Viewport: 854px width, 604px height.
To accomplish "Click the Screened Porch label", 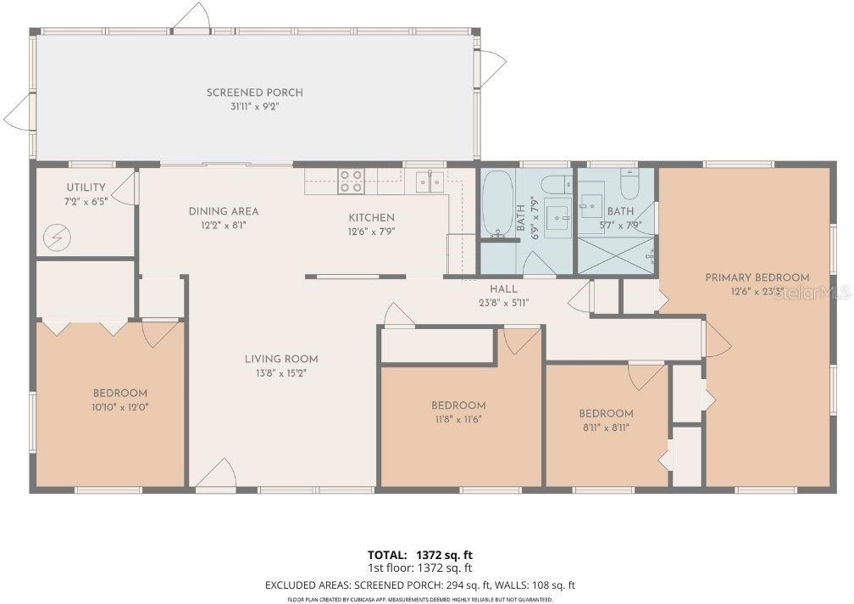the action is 254,92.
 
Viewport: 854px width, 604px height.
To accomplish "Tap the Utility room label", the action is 86,187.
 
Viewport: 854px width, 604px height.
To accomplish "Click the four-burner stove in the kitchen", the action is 351,181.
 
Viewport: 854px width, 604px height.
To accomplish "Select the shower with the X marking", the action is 615,254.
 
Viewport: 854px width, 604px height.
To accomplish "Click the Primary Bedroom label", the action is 757,277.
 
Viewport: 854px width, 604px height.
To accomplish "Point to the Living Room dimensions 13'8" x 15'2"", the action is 281,373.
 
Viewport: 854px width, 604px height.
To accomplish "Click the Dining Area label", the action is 224,211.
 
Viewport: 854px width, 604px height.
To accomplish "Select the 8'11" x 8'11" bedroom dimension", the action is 606,428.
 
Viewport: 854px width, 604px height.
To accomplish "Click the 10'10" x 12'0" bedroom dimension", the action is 119,406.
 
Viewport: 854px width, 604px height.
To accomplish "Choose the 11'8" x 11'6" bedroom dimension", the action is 458,419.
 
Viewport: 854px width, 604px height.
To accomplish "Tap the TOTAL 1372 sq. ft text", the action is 420,556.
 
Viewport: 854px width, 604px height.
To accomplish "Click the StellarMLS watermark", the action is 812,294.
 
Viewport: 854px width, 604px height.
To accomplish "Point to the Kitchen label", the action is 371,217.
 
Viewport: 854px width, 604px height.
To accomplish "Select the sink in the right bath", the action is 591,205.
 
